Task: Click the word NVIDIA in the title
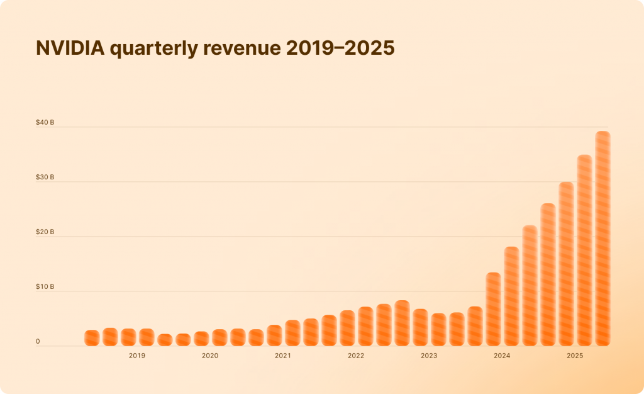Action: tap(70, 48)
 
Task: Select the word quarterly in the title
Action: tap(153, 48)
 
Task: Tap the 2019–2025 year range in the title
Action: tap(340, 48)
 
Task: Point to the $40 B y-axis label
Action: tap(45, 123)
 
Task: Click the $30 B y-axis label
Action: tap(45, 177)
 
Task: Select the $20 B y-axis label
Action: tap(45, 232)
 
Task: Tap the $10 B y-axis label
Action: tap(45, 287)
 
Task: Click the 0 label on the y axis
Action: tap(38, 342)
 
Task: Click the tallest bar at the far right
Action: tap(602, 239)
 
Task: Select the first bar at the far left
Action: tap(92, 338)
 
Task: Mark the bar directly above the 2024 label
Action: tap(493, 309)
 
